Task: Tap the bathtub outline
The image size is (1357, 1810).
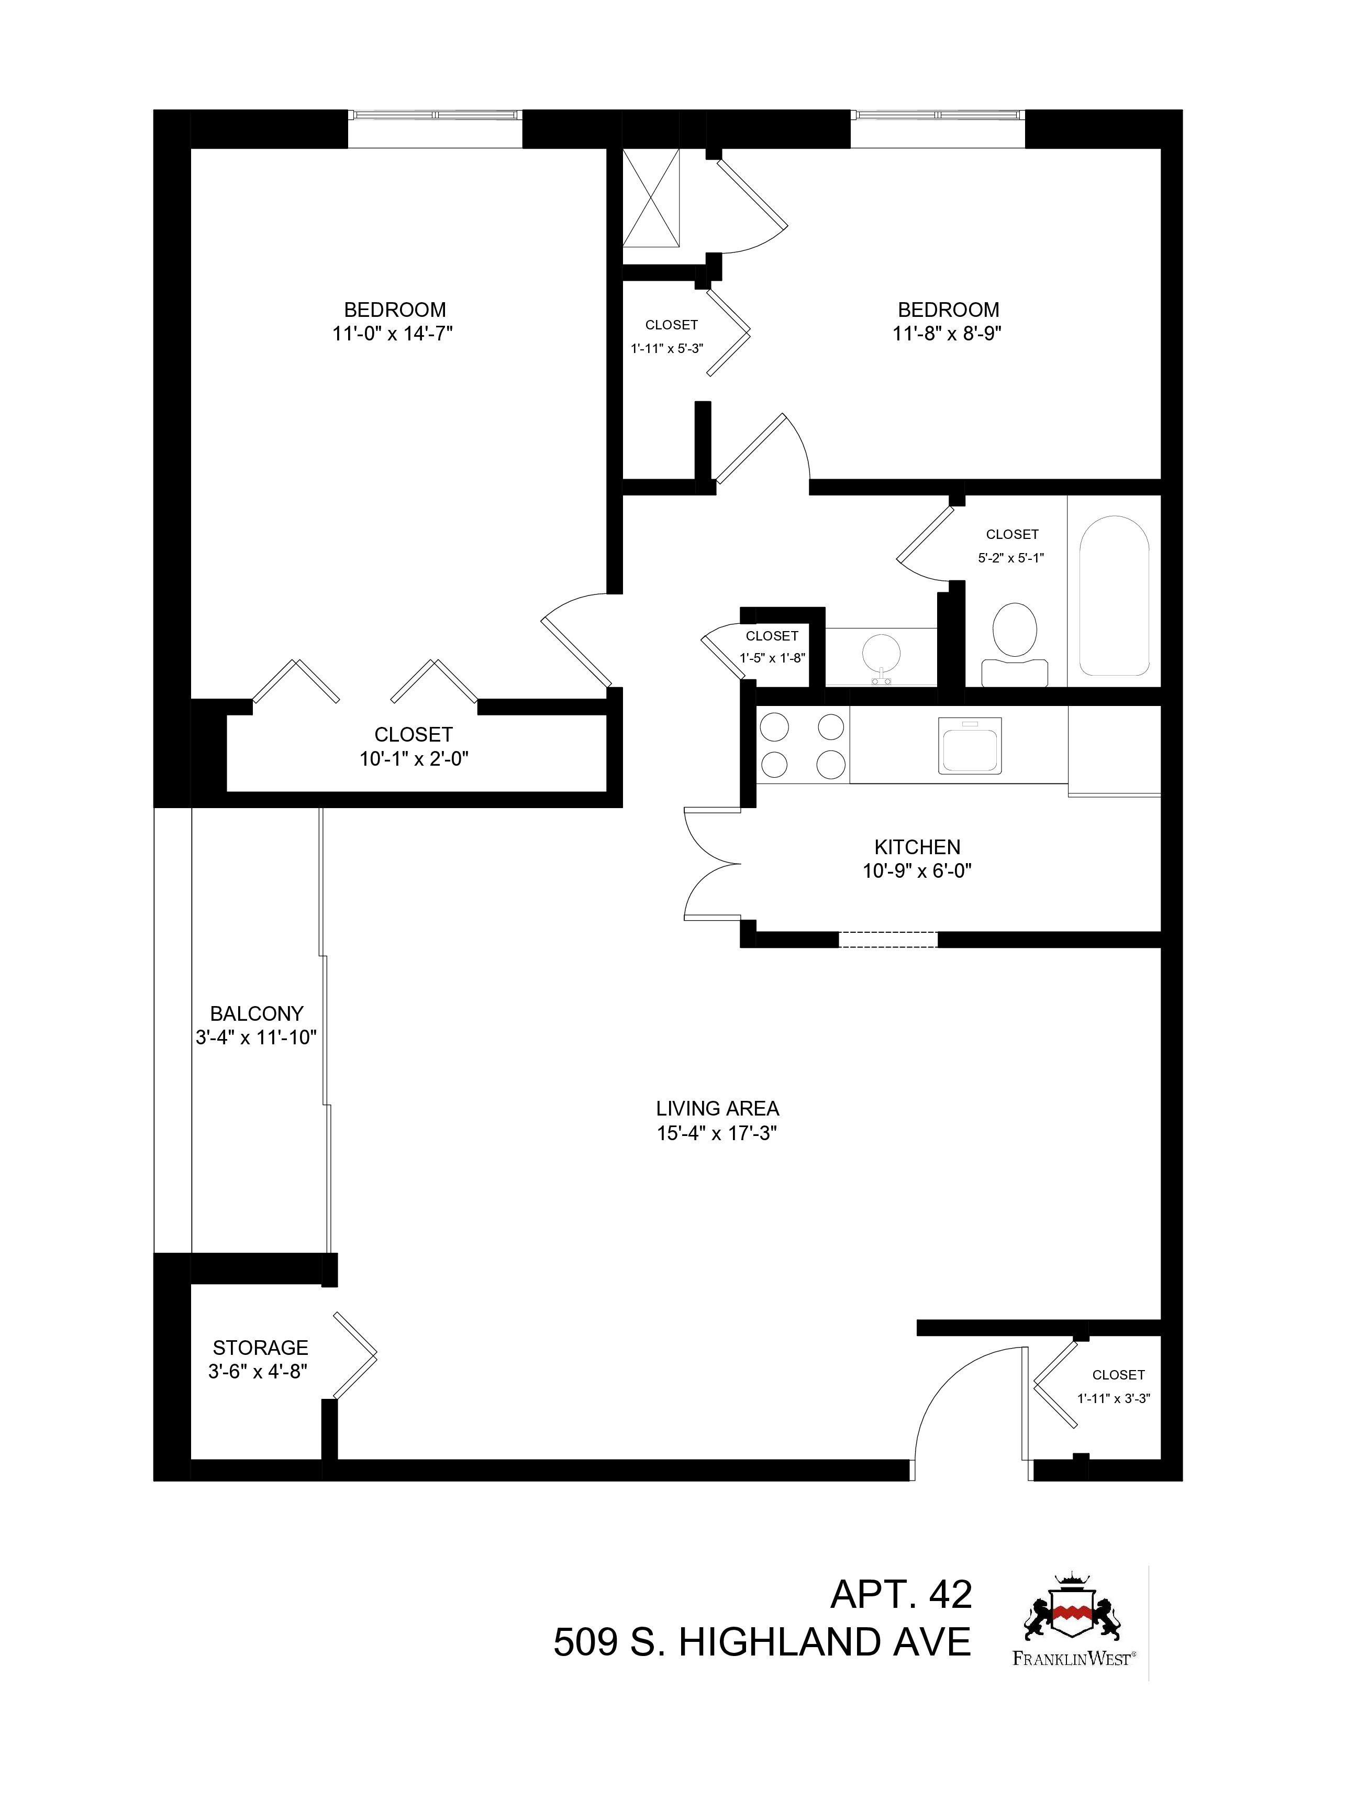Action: [x=1114, y=595]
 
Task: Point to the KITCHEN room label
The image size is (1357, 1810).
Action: [x=917, y=847]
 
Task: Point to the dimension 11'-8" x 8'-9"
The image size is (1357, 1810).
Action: [x=948, y=334]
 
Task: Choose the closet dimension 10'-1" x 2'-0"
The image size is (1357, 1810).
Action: [x=414, y=758]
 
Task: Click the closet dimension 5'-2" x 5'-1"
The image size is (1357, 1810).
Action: [x=1011, y=558]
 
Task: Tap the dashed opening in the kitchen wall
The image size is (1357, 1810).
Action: [x=887, y=940]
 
